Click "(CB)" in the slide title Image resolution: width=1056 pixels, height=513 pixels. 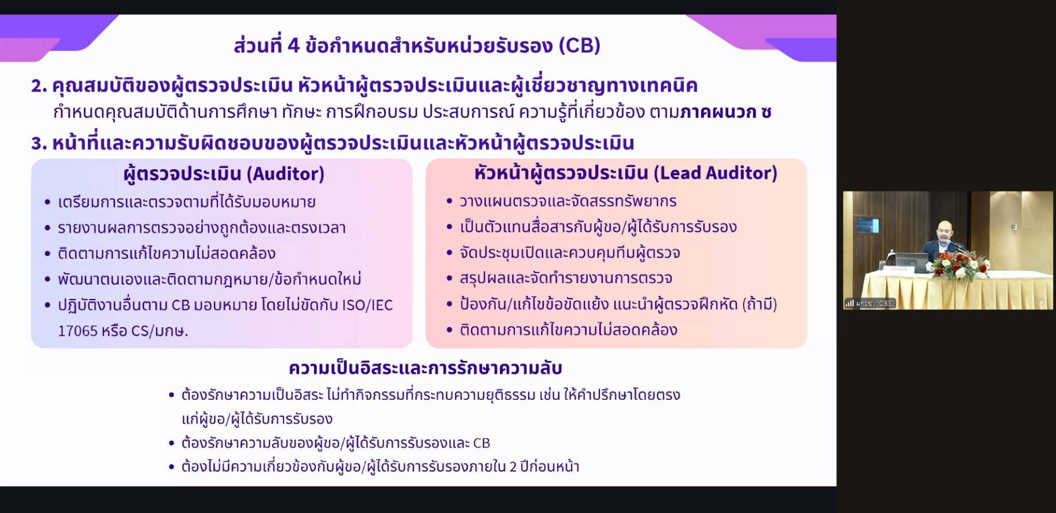click(579, 45)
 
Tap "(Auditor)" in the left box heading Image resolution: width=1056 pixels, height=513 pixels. click(285, 174)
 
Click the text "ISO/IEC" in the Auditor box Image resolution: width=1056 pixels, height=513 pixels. click(367, 305)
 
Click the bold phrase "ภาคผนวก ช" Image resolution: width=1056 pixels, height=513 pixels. click(725, 112)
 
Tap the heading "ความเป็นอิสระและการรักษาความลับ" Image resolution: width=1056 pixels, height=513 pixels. click(425, 368)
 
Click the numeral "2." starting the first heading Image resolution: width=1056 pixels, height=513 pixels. click(39, 86)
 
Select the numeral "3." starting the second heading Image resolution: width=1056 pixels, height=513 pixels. click(39, 143)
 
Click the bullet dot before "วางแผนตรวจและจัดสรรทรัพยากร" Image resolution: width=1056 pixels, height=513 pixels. click(450, 201)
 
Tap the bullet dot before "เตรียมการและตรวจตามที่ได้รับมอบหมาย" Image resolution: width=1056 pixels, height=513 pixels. click(48, 202)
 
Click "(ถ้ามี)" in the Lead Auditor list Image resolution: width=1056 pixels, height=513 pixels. click(759, 304)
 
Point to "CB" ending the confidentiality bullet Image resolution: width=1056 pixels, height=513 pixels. click(481, 443)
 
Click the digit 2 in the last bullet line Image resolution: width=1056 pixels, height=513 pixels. click(513, 466)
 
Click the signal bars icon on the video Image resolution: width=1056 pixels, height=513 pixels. click(850, 303)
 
